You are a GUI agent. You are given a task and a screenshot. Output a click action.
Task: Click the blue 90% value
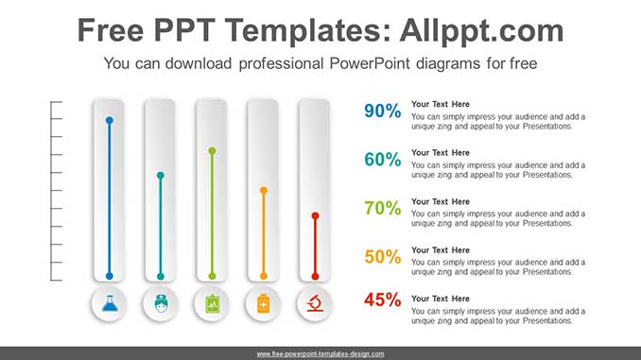tap(382, 111)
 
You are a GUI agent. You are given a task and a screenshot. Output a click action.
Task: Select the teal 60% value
tap(382, 160)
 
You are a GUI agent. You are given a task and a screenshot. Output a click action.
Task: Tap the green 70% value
tap(382, 209)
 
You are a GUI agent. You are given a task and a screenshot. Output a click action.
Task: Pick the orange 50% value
tap(382, 257)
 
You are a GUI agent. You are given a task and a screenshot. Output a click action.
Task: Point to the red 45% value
tap(382, 300)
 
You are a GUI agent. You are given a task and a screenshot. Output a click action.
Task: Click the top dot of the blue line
tap(110, 121)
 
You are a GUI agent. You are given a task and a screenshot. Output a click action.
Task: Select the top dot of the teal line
tap(161, 175)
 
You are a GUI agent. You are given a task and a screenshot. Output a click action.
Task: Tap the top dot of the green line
tap(212, 150)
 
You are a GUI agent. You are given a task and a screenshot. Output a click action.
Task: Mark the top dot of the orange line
tap(264, 190)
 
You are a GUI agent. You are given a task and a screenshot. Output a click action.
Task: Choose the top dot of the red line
tap(315, 215)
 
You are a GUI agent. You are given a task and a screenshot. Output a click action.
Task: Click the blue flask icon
tap(110, 305)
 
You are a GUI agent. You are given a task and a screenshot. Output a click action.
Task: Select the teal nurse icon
tap(161, 305)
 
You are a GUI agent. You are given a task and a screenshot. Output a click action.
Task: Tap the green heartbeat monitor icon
tap(212, 305)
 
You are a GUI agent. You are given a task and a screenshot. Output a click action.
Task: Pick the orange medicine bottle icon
tap(264, 305)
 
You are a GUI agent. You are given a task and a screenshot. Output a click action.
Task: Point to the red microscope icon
tap(315, 305)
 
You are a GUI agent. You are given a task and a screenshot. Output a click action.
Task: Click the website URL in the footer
tap(320, 353)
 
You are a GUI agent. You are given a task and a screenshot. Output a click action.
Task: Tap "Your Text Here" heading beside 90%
tap(441, 104)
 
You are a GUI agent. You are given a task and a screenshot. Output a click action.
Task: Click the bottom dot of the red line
tap(315, 276)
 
